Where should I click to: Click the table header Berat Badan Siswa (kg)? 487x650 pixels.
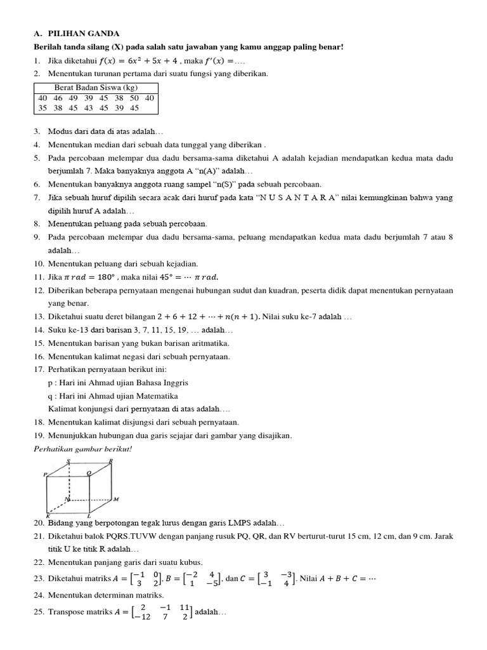click(96, 88)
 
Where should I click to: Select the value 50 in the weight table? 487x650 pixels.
click(134, 98)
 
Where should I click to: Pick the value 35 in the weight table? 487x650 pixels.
click(42, 109)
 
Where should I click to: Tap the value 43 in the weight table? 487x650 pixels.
click(88, 109)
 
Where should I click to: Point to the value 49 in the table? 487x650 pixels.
click(73, 98)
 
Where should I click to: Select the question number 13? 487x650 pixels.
click(38, 316)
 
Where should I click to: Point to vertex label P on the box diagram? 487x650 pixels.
click(45, 474)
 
